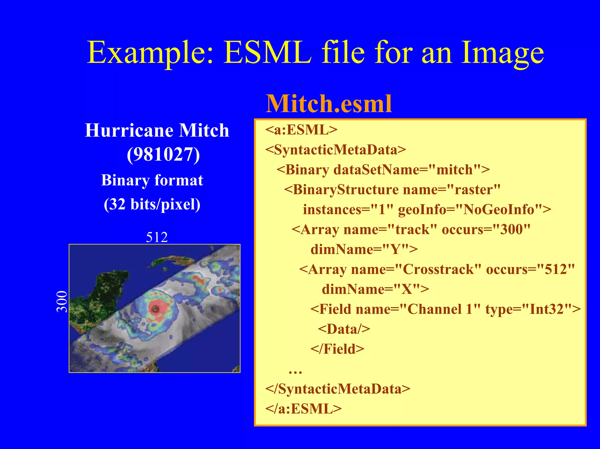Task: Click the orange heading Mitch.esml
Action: (x=328, y=104)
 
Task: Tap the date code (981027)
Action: (x=163, y=154)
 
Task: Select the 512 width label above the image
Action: (x=157, y=237)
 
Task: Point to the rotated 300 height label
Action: (x=62, y=301)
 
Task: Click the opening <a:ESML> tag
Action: (x=301, y=130)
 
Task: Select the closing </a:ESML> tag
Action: (x=303, y=409)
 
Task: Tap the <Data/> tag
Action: (x=344, y=329)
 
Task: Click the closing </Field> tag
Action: (x=337, y=349)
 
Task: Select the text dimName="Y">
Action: (x=364, y=249)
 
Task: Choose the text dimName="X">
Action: (x=375, y=289)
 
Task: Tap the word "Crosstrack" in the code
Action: (x=438, y=269)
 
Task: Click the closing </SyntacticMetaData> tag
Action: (x=337, y=389)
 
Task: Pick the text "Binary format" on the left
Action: (x=152, y=180)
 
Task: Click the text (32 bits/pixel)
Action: (x=152, y=204)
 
